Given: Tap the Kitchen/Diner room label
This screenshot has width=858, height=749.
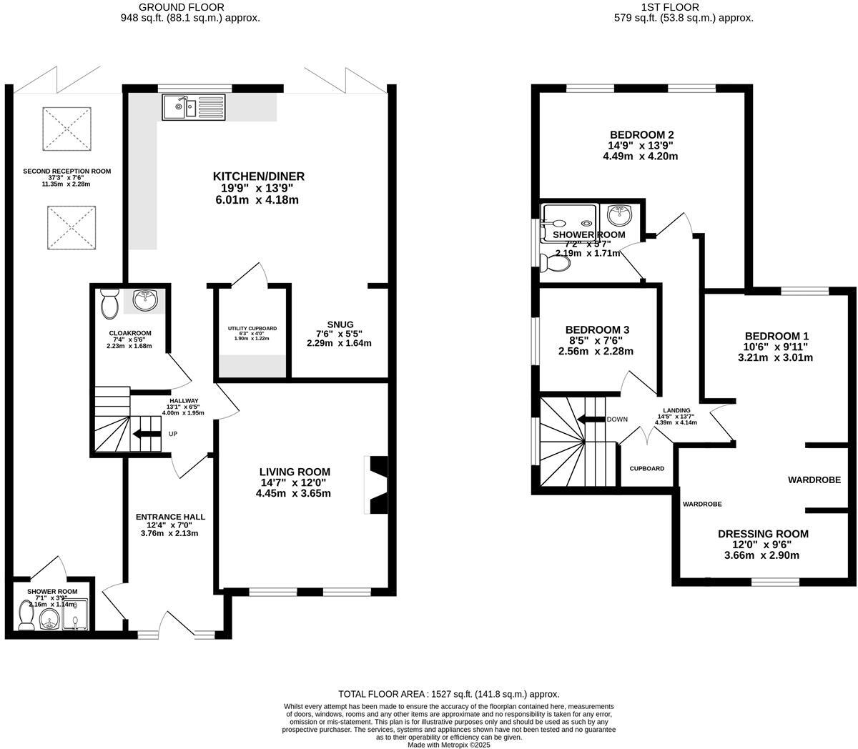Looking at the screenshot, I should tap(259, 177).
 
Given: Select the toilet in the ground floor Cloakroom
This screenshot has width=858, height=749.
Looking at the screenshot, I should tap(110, 304).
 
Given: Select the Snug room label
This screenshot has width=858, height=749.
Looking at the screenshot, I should tap(339, 324).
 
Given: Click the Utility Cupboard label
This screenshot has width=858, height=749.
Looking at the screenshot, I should tap(252, 329).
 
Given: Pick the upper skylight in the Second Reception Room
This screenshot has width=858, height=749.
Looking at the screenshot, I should tap(67, 129).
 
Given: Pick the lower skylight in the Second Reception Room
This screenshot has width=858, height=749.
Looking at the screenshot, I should tap(71, 227).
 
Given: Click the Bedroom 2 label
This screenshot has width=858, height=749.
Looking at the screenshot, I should tap(641, 134).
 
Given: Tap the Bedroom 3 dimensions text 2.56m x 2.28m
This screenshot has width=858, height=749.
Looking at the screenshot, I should tap(597, 351).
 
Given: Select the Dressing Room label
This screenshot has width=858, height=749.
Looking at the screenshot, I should tap(763, 534).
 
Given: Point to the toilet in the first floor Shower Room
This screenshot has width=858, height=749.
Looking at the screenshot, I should tap(556, 263).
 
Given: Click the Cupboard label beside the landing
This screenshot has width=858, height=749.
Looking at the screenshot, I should tap(646, 469).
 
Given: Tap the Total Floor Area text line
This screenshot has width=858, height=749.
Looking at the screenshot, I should tap(448, 694).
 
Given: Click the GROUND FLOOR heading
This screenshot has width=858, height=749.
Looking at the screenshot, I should tap(189, 7).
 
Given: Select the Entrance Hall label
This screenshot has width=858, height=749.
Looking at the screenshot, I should tap(170, 517).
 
